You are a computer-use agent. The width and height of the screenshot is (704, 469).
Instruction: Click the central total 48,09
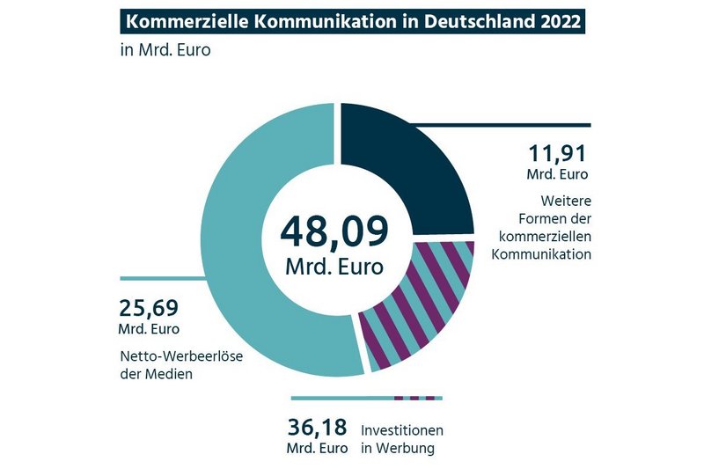(334, 231)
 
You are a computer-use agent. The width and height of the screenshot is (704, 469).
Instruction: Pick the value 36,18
(319, 429)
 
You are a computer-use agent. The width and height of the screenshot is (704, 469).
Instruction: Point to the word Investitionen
(401, 430)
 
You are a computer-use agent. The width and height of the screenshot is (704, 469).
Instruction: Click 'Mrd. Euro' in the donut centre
(334, 265)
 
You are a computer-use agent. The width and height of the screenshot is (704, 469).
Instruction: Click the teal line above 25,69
(158, 278)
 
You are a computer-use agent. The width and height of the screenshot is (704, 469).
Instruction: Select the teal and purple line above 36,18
(365, 399)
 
